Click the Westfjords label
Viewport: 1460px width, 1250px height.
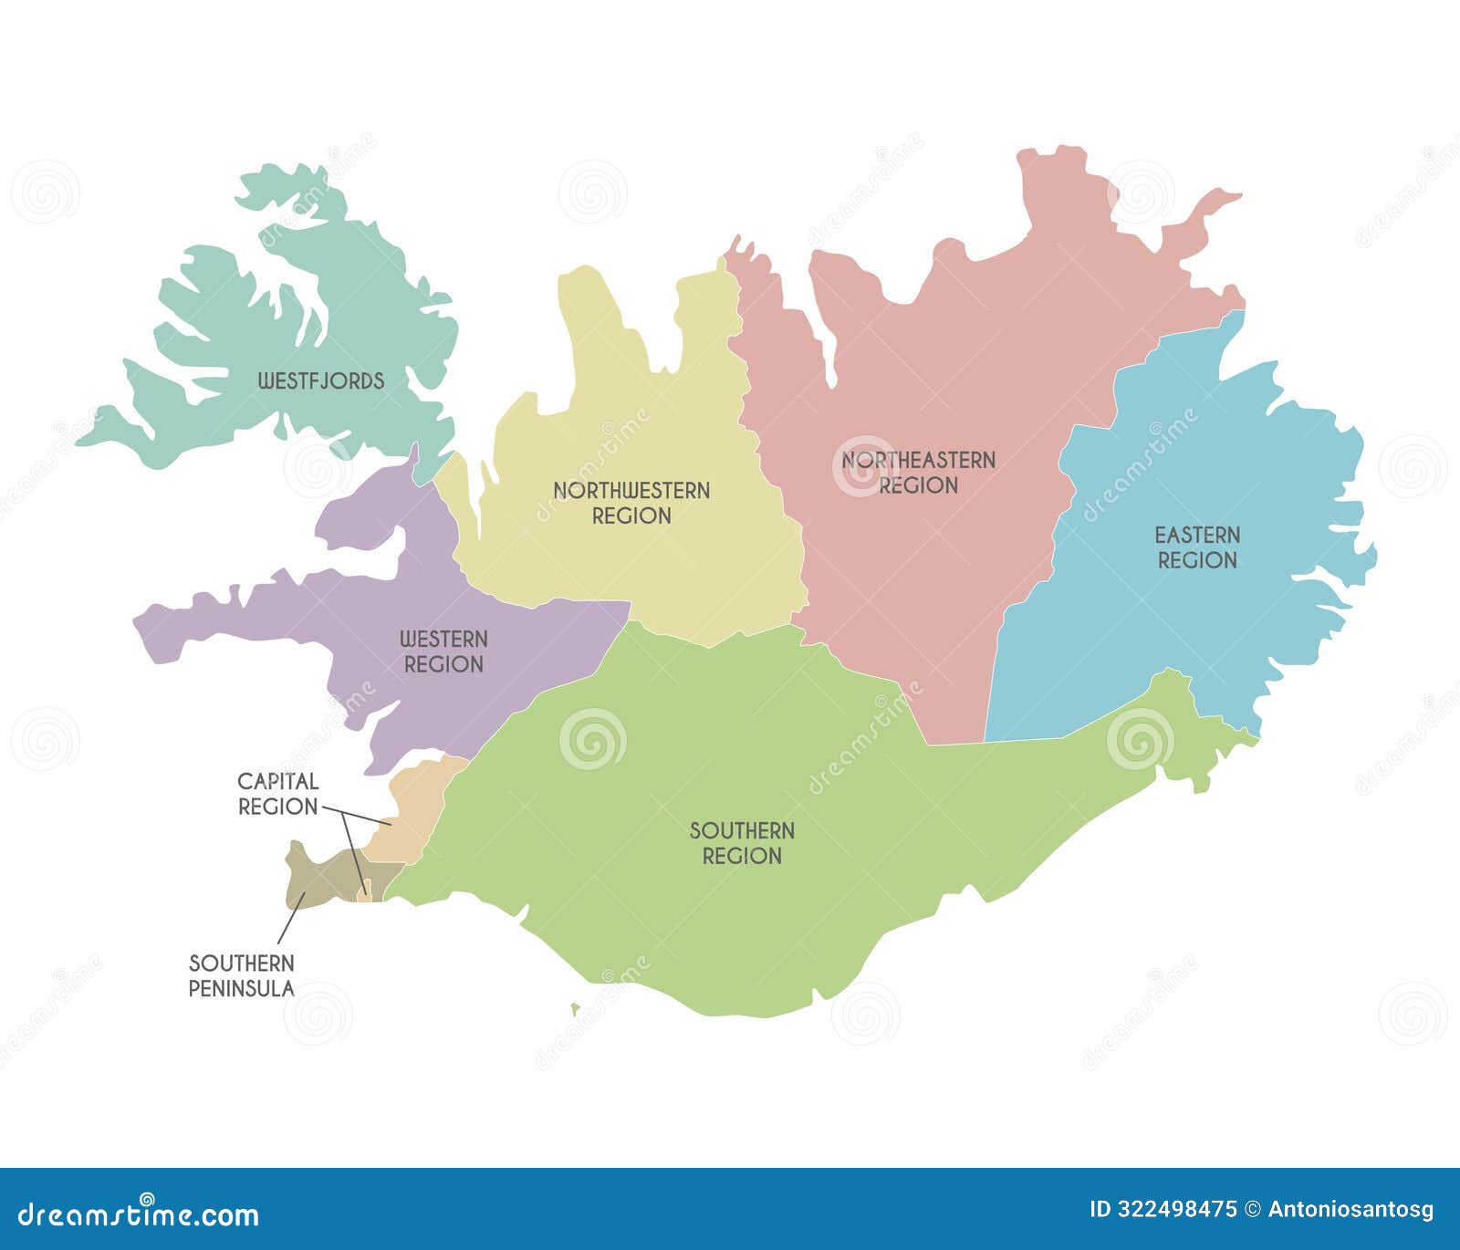tap(321, 380)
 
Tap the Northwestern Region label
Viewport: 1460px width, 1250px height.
tap(631, 503)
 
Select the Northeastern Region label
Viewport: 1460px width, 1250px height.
tap(918, 473)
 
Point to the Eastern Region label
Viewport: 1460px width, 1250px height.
tap(1197, 547)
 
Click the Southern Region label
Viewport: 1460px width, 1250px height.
tap(742, 843)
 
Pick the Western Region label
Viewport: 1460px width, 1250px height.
tap(443, 651)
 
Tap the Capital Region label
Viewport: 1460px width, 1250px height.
tap(278, 794)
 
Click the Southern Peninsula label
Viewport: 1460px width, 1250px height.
tap(242, 975)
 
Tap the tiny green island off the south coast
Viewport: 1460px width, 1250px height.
tap(575, 1009)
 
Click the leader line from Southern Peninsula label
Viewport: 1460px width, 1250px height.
tap(290, 920)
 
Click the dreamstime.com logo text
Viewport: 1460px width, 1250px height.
tap(139, 1214)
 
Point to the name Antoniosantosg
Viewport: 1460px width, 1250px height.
tap(1350, 1210)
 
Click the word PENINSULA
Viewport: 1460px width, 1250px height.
tap(242, 988)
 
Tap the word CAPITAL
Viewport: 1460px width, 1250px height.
tap(278, 781)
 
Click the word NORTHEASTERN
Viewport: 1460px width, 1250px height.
tap(918, 460)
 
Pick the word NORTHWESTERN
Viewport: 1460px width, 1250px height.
tap(631, 490)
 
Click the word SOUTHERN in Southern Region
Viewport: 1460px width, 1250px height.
tap(742, 830)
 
